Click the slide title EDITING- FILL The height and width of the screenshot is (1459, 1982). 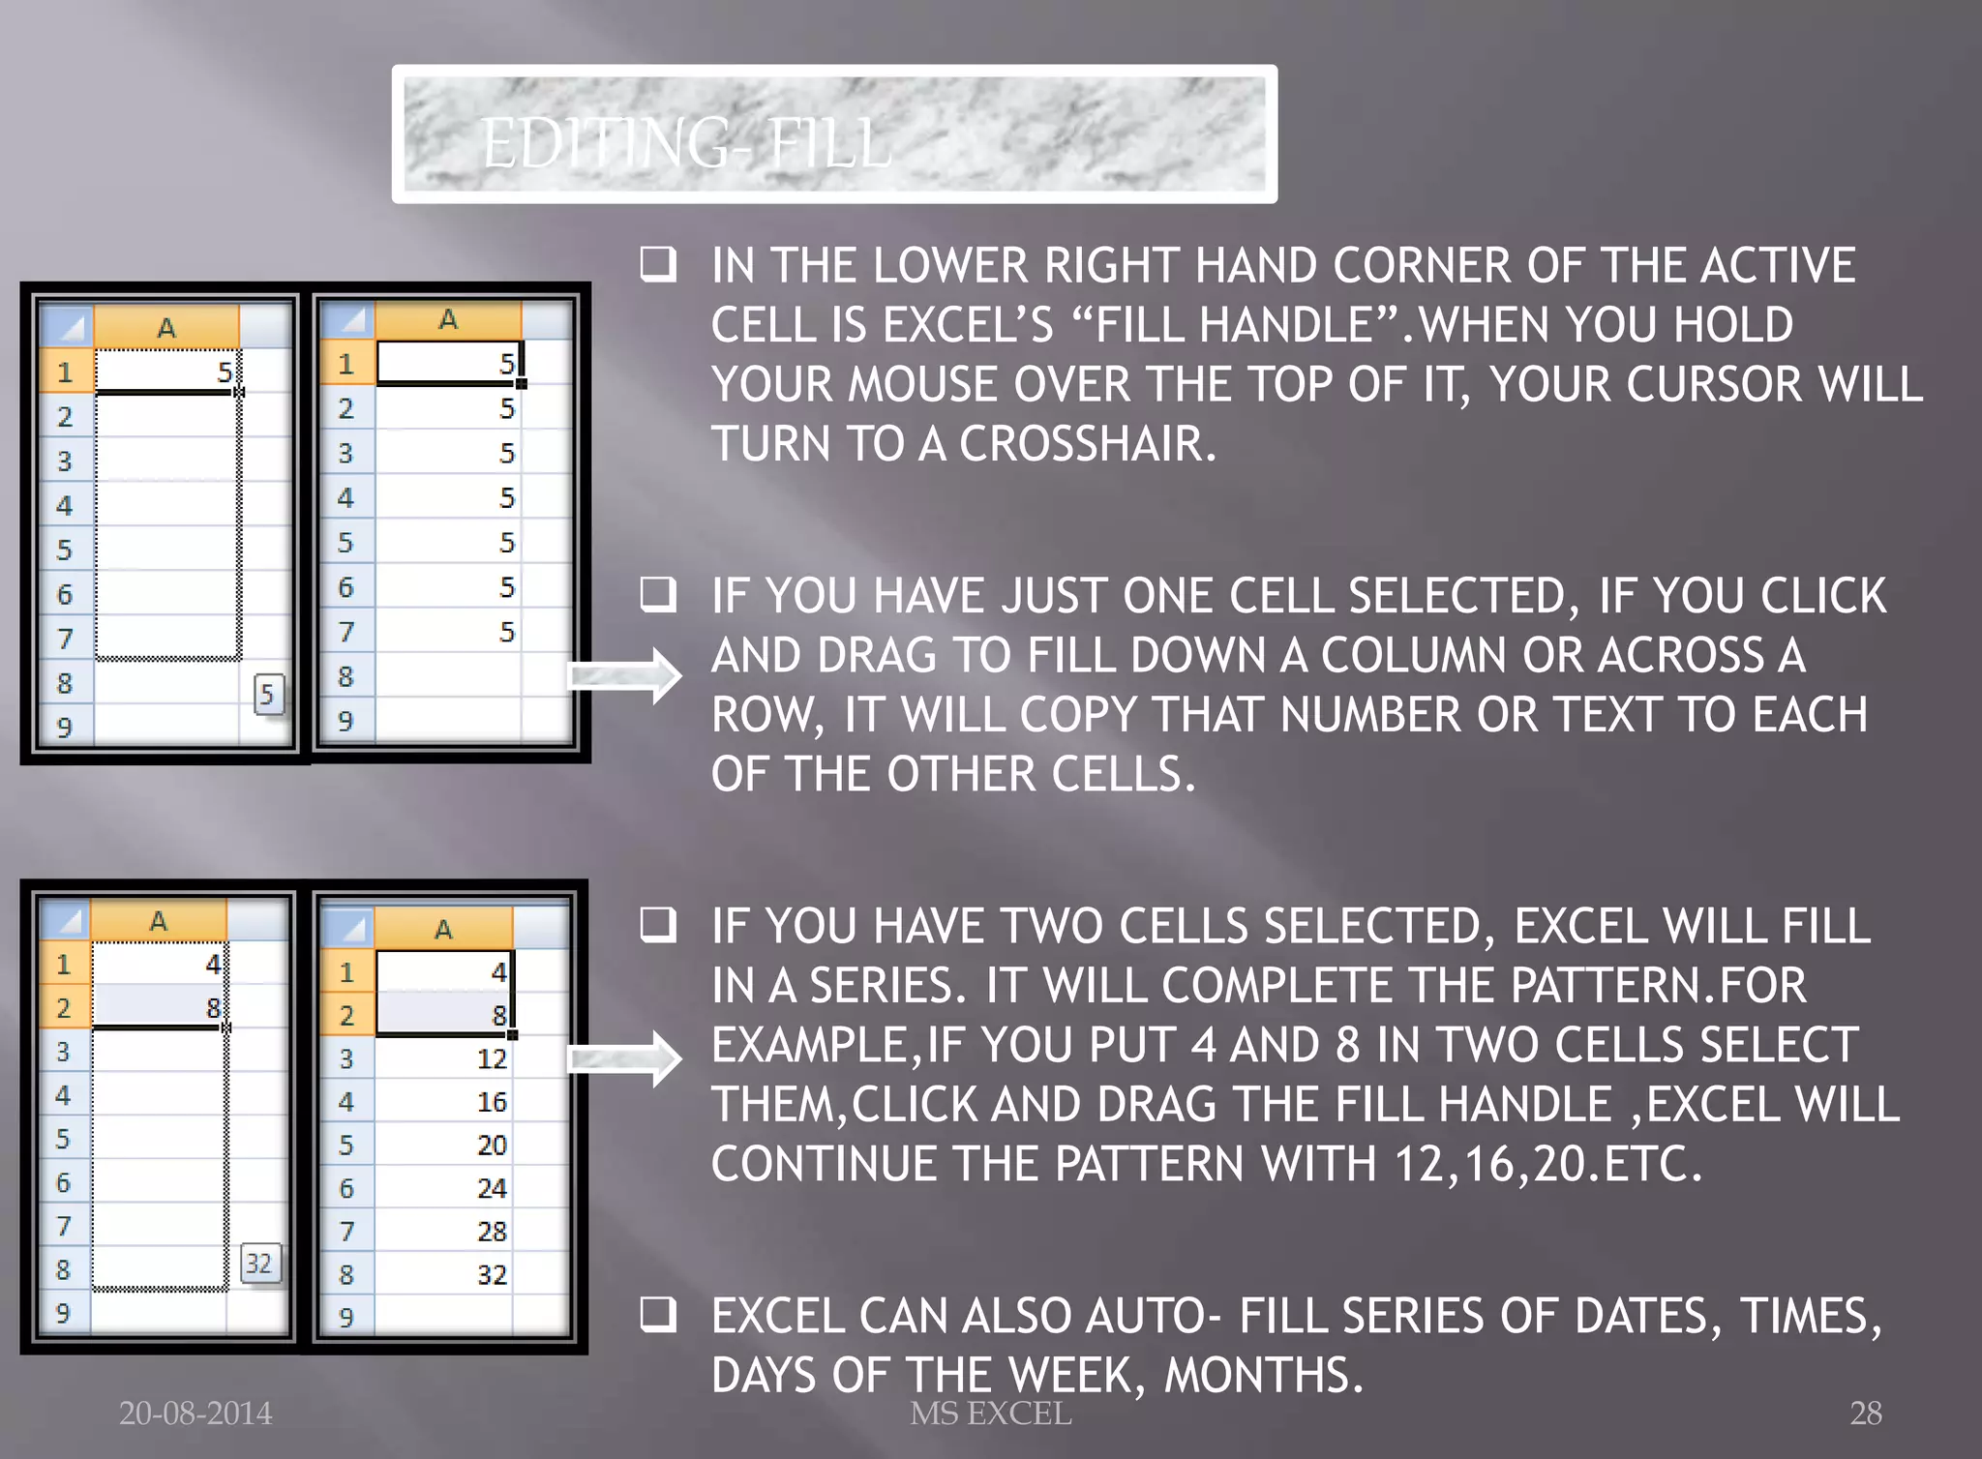click(x=685, y=142)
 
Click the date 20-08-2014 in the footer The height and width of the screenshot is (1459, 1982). click(x=195, y=1414)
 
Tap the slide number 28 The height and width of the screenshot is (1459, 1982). click(x=1865, y=1414)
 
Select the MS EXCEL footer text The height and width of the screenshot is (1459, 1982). click(x=990, y=1414)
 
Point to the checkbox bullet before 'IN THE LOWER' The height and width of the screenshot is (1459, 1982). click(x=658, y=264)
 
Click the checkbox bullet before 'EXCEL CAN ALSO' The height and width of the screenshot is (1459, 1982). click(x=658, y=1314)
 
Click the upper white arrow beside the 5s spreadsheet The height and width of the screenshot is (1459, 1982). click(x=624, y=674)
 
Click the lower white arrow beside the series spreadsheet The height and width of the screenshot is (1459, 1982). click(x=624, y=1059)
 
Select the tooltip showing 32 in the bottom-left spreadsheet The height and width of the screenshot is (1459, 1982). click(x=259, y=1264)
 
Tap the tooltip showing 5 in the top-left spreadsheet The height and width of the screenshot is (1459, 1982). click(x=268, y=694)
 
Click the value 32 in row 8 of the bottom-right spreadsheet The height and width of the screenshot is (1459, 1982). click(x=492, y=1274)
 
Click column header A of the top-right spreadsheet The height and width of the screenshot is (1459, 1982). click(x=447, y=320)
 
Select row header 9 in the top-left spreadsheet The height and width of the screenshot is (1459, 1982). click(x=64, y=727)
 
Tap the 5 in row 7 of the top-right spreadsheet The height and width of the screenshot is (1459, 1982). click(x=506, y=632)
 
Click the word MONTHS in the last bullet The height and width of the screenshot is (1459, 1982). click(x=1263, y=1375)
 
